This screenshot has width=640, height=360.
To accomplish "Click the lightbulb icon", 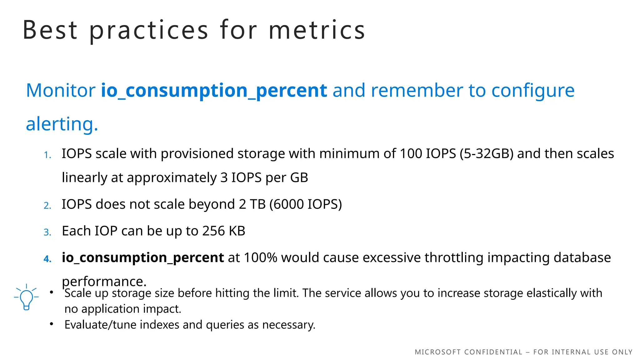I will [26, 297].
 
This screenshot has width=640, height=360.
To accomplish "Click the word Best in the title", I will [50, 30].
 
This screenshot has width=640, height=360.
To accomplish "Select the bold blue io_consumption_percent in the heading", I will [214, 91].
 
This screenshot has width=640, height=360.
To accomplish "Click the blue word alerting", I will [62, 124].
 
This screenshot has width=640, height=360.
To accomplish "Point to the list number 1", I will [47, 155].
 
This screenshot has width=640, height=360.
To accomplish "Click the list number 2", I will [47, 206].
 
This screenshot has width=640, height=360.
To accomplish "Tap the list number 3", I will [47, 232].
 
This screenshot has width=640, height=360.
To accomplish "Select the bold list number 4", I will [47, 259].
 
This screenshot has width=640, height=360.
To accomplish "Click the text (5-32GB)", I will [486, 154].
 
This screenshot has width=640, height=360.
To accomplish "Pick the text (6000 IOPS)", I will [306, 204].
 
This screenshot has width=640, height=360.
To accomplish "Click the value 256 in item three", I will [213, 231].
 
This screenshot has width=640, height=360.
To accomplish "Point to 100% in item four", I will [260, 258].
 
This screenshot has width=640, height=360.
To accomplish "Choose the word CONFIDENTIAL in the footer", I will [493, 352].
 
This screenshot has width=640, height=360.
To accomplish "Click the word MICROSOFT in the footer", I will [437, 352].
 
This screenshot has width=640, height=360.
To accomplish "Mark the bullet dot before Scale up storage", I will [52, 292].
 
